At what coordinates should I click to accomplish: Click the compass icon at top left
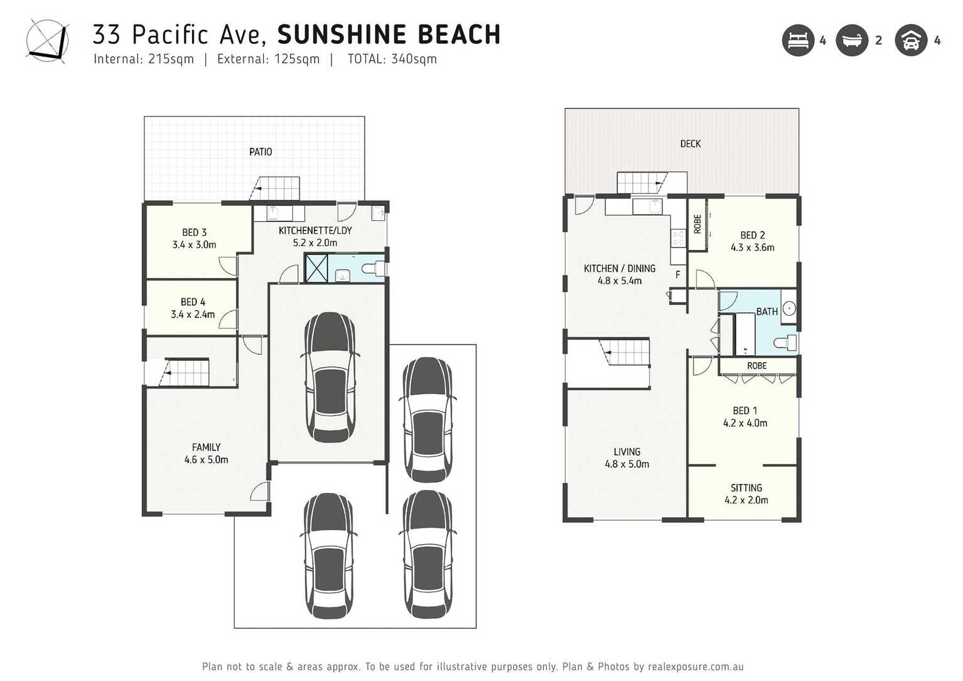47,40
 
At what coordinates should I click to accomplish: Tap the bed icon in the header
797,41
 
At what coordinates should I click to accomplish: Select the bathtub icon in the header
852,41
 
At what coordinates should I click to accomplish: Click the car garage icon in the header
911,41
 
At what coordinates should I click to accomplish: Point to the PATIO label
261,152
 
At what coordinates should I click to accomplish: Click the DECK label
690,144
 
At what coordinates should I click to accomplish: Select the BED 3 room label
194,233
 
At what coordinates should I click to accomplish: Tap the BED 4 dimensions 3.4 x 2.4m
193,314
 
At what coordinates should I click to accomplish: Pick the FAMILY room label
206,448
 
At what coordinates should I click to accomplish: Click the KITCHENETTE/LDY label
315,230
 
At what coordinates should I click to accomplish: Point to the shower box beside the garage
316,268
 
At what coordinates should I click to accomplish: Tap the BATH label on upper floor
767,312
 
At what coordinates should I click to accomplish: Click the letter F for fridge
678,275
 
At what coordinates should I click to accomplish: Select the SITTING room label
746,488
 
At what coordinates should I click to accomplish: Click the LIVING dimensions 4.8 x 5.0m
627,464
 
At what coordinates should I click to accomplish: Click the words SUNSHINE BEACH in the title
389,35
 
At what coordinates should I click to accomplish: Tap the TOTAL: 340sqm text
392,59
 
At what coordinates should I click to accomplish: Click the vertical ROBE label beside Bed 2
697,224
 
